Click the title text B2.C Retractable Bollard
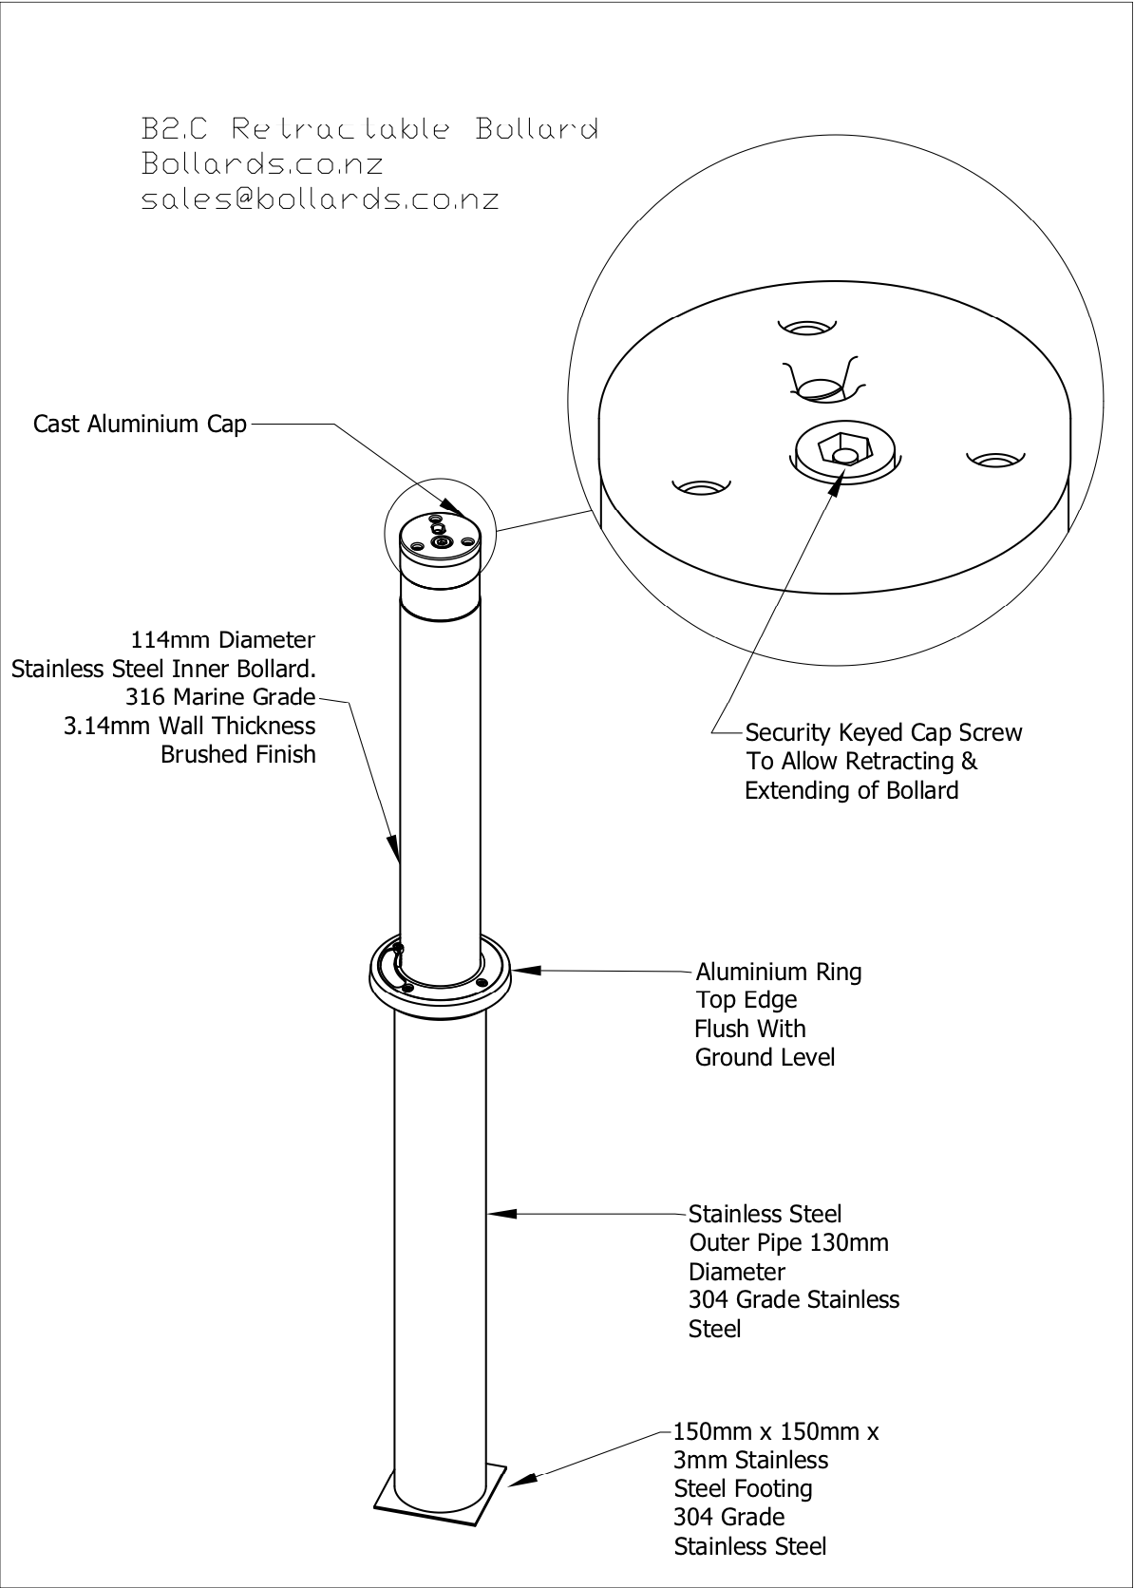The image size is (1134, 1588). point(369,128)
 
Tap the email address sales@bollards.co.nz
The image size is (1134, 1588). point(320,199)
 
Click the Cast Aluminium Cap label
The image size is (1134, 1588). point(140,424)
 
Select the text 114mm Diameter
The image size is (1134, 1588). point(222,640)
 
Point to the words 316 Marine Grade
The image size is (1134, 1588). point(219,697)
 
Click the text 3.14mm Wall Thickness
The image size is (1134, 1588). point(189,726)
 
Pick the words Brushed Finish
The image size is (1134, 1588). point(237,754)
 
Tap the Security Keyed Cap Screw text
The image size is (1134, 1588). point(883,732)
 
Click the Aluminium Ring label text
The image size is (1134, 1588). point(779,972)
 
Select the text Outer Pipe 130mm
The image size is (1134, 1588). point(788,1242)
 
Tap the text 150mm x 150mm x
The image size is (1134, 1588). point(776,1431)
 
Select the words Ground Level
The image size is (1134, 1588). point(765,1057)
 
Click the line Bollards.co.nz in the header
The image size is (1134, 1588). point(262,163)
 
